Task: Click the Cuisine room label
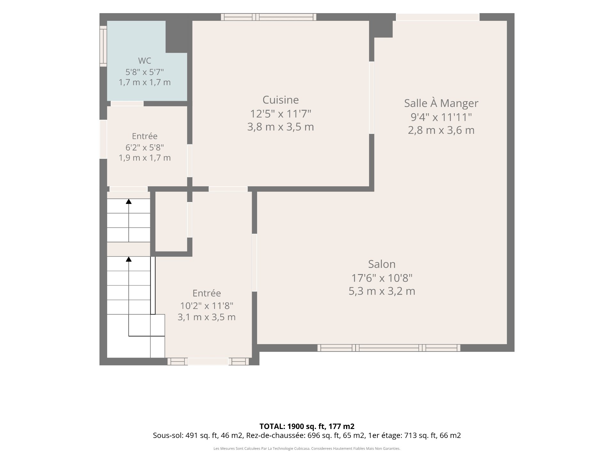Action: click(280, 100)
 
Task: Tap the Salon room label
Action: click(382, 264)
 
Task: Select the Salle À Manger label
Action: click(441, 103)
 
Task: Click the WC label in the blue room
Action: click(145, 61)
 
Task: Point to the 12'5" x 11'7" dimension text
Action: click(280, 113)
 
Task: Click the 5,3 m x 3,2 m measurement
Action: click(382, 291)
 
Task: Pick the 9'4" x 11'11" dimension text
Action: click(441, 117)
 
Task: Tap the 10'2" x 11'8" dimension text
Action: click(207, 306)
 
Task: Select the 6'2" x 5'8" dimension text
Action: click(145, 147)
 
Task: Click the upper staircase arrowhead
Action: click(129, 201)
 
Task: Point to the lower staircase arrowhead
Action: click(129, 259)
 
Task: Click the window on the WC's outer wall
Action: click(103, 46)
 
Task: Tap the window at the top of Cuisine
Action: click(269, 17)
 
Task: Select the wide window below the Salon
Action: click(389, 348)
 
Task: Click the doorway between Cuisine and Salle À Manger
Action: click(372, 98)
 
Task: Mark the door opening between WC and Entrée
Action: click(127, 103)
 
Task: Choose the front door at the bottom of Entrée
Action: click(208, 361)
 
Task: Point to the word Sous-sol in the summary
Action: click(168, 435)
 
